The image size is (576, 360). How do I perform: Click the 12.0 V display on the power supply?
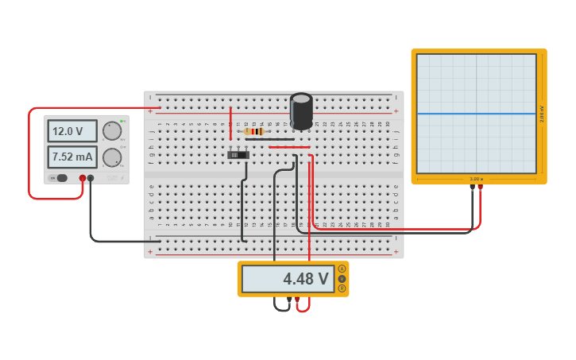[x=72, y=131]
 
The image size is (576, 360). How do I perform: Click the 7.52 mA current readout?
[x=72, y=157]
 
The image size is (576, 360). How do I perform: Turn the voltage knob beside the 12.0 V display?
[x=112, y=131]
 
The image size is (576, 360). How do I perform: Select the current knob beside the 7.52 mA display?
[x=112, y=157]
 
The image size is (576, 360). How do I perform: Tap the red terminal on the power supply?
[x=82, y=178]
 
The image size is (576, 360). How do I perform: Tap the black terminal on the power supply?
[x=91, y=178]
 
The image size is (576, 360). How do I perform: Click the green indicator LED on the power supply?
[x=122, y=121]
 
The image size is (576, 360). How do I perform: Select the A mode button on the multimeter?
[x=342, y=269]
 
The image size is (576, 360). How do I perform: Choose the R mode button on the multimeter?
[x=342, y=288]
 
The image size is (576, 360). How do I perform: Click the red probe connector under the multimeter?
[x=298, y=300]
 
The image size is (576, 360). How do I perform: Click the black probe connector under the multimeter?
[x=289, y=300]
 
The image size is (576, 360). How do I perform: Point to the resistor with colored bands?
[x=254, y=131]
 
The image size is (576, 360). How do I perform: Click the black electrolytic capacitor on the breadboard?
[x=301, y=111]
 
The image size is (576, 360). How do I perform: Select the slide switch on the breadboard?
[x=238, y=154]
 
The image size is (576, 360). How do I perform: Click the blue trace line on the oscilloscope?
[x=477, y=114]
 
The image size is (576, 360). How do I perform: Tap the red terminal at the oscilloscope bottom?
[x=480, y=188]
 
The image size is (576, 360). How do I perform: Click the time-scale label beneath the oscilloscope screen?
[x=477, y=179]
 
